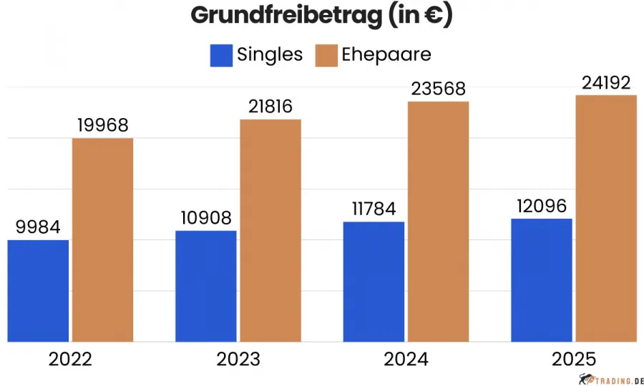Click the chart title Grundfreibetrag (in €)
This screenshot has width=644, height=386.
coord(321,16)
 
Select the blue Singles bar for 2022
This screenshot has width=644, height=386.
coord(38,290)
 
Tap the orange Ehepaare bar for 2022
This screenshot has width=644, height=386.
coord(102,239)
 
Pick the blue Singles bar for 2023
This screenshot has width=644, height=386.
coord(205,286)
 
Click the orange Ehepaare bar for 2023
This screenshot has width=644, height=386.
coord(270,230)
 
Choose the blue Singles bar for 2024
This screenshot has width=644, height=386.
coord(374,282)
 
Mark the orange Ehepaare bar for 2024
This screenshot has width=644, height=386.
coord(438,222)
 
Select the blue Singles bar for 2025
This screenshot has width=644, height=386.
coord(542,279)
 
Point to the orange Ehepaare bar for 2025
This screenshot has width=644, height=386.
coord(606,218)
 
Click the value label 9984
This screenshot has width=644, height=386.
coord(38,228)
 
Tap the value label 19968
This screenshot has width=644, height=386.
coord(102,125)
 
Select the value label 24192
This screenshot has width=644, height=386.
coord(605,83)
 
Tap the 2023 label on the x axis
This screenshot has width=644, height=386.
coord(238,359)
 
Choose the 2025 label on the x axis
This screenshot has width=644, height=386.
coord(574,359)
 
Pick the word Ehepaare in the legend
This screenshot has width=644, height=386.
coord(386,55)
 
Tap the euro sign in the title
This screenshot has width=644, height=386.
coord(431,16)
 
